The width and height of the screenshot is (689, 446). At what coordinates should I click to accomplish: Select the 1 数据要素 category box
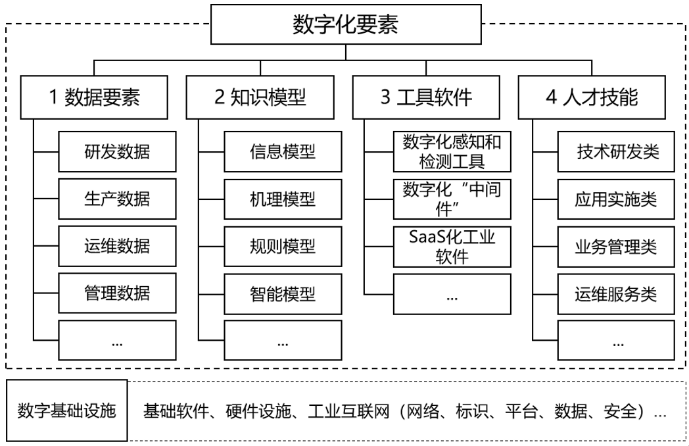pyautogui.click(x=94, y=97)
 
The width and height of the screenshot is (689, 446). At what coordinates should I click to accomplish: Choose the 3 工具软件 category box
pyautogui.click(x=427, y=97)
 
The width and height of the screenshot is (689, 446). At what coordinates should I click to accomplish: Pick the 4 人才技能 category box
pyautogui.click(x=592, y=97)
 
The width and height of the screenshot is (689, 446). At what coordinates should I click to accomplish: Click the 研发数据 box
pyautogui.click(x=117, y=152)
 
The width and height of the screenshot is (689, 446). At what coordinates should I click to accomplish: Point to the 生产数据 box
pyautogui.click(x=117, y=199)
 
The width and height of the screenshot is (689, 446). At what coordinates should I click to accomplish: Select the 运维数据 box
pyautogui.click(x=117, y=246)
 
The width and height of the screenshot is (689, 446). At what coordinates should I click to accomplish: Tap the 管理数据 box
pyautogui.click(x=117, y=293)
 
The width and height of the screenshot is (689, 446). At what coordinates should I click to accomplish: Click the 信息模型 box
pyautogui.click(x=283, y=152)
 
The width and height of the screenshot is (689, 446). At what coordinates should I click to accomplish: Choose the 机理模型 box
pyautogui.click(x=283, y=199)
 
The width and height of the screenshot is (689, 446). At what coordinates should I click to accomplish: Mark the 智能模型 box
pyautogui.click(x=283, y=293)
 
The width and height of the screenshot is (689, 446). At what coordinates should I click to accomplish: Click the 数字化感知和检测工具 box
pyautogui.click(x=452, y=151)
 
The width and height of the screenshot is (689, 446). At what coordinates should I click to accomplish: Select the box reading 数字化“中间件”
pyautogui.click(x=452, y=199)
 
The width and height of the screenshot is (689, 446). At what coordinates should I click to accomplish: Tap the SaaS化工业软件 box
pyautogui.click(x=452, y=246)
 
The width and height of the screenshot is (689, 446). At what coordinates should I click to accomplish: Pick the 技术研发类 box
pyautogui.click(x=617, y=152)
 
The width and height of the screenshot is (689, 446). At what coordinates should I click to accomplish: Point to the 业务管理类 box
pyautogui.click(x=617, y=246)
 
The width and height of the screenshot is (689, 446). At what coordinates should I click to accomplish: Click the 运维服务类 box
pyautogui.click(x=617, y=293)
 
